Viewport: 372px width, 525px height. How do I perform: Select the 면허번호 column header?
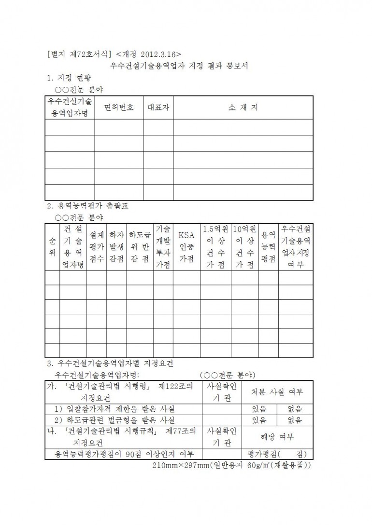point(119,108)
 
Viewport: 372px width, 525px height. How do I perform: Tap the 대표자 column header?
point(158,108)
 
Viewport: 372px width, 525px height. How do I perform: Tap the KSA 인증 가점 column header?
point(186,246)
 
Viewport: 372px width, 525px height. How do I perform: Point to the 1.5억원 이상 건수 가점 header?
point(215,246)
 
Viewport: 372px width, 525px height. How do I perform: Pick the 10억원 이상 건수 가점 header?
point(244,246)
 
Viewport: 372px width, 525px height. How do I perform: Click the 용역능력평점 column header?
point(268,246)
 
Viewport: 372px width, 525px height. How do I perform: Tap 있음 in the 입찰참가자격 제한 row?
point(259,409)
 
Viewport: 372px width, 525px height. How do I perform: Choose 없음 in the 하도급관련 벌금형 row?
point(295,420)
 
